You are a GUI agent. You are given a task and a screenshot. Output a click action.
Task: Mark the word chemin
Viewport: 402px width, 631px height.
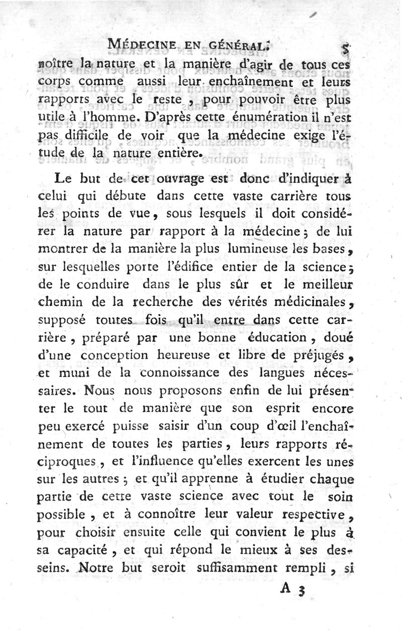click(x=58, y=303)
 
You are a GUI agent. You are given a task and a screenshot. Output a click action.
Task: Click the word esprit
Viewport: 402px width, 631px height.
click(x=283, y=409)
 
